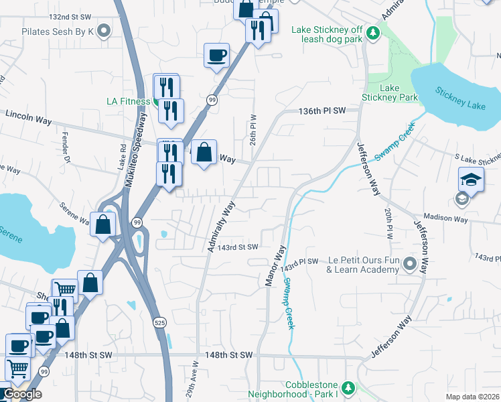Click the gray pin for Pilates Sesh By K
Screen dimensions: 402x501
pyautogui.click(x=104, y=31)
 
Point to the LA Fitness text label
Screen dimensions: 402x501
pyautogui.click(x=129, y=102)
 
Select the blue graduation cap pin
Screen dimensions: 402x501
pyautogui.click(x=471, y=180)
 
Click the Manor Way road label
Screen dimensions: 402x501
pyautogui.click(x=275, y=266)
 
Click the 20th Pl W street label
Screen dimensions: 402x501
pyautogui.click(x=388, y=223)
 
